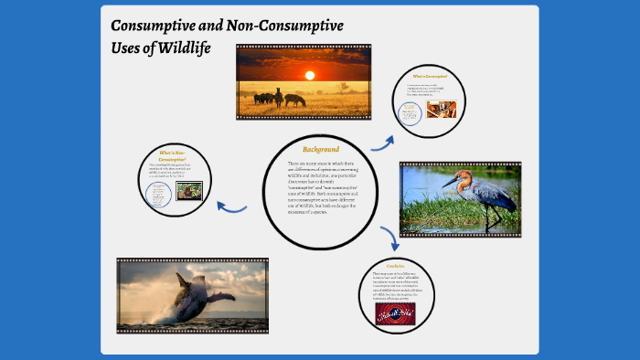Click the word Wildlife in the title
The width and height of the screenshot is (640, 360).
click(x=180, y=48)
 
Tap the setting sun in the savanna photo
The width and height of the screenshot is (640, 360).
click(x=309, y=76)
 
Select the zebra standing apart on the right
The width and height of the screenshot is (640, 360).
click(x=294, y=99)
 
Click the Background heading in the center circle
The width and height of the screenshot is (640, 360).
click(x=320, y=149)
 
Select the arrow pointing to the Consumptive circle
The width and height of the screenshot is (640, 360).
click(x=381, y=143)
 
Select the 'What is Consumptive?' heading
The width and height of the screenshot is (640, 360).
click(x=430, y=76)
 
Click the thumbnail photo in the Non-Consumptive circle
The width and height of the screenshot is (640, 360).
click(x=188, y=191)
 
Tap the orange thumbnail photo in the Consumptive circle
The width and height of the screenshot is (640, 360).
click(x=442, y=109)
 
